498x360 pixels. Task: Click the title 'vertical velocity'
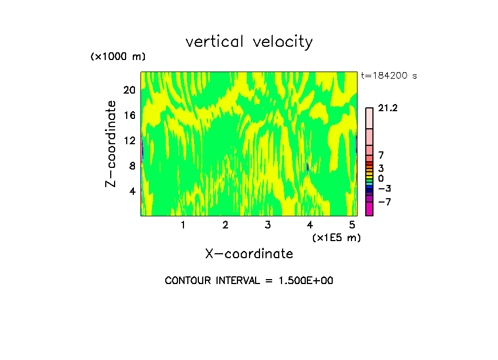click(249, 42)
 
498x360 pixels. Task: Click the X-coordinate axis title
click(249, 254)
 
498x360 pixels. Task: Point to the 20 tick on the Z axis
click(129, 90)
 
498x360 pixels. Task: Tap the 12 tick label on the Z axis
click(129, 140)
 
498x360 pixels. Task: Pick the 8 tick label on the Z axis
click(132, 166)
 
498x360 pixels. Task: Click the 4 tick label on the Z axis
click(132, 191)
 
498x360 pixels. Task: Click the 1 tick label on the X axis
click(183, 225)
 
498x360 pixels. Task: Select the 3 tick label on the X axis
click(267, 225)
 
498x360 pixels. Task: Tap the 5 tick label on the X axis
click(352, 225)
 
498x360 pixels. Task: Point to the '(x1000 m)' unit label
click(118, 57)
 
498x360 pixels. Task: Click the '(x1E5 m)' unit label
click(336, 237)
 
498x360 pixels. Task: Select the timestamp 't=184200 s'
click(389, 76)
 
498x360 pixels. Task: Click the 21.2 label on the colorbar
click(388, 108)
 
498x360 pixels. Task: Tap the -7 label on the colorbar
click(385, 202)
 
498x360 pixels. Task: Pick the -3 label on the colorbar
click(385, 189)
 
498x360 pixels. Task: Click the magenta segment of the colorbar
click(370, 209)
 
